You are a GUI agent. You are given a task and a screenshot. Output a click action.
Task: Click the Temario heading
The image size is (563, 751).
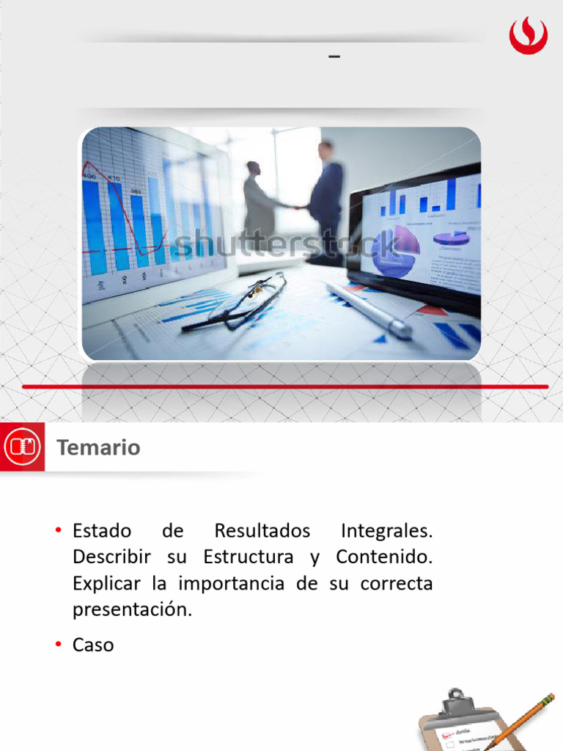click(x=98, y=447)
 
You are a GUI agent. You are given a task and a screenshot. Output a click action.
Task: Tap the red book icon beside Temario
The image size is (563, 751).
click(x=22, y=447)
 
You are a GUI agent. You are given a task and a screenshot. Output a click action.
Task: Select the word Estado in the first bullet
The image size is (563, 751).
click(x=102, y=530)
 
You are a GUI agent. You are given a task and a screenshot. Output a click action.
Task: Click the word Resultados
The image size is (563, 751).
click(x=262, y=530)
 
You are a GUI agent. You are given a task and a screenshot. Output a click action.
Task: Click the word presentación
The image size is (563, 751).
click(x=132, y=610)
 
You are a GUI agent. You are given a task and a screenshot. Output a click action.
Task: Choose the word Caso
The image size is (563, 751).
click(x=93, y=645)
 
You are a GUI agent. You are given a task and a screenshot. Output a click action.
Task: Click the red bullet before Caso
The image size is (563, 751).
click(x=57, y=645)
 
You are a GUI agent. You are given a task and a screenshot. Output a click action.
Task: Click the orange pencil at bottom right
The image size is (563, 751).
click(x=521, y=722)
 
